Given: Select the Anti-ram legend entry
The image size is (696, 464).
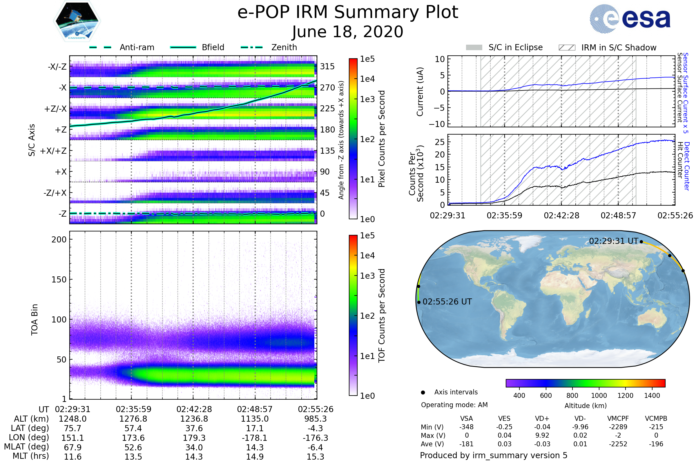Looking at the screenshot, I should click(x=137, y=47).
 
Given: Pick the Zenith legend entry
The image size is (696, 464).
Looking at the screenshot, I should click(x=284, y=47).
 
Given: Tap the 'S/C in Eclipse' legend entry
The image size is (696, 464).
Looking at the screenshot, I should click(x=515, y=47).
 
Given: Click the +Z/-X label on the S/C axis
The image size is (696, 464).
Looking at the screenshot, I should click(x=55, y=109).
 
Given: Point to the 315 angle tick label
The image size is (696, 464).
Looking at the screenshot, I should click(x=327, y=66).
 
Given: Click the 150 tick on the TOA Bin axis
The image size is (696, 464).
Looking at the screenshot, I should click(x=59, y=280).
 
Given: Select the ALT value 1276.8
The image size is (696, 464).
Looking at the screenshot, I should click(x=133, y=419).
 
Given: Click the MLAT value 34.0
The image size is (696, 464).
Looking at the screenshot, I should click(x=194, y=447).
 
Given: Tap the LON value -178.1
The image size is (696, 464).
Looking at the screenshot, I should click(x=255, y=438).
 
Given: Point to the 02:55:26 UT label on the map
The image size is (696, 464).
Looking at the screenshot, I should click(x=447, y=302).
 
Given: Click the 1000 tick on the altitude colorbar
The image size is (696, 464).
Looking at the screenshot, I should click(x=599, y=396).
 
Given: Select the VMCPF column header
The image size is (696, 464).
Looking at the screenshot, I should click(x=618, y=419).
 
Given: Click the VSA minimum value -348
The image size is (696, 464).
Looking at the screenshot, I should click(x=466, y=427).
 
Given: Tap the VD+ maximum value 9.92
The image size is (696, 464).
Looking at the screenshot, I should click(x=542, y=435).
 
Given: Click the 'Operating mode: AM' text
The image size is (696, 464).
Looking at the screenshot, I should click(x=454, y=405).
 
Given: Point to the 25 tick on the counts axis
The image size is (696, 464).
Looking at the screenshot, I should click(x=440, y=142).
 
